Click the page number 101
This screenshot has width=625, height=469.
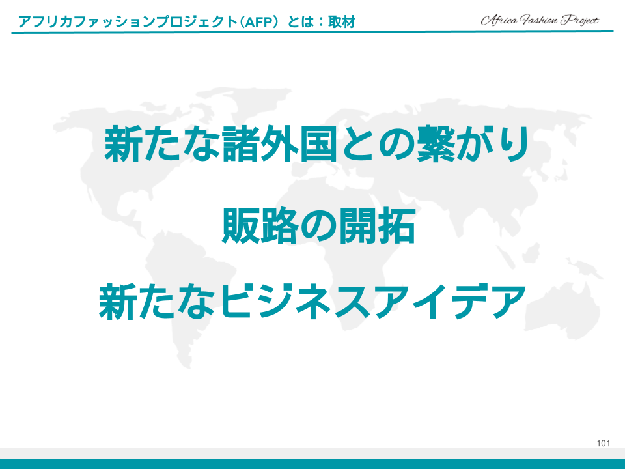click(603, 443)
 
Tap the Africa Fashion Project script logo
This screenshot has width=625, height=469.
click(540, 20)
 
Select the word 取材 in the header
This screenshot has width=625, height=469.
click(342, 21)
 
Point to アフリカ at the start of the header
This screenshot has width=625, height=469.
click(46, 21)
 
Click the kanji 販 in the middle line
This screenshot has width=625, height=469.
click(240, 225)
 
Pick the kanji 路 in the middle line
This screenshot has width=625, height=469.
click(279, 225)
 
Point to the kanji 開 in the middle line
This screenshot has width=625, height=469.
click(357, 225)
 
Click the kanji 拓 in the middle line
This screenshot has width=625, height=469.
click(396, 225)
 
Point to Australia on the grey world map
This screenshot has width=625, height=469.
click(562, 315)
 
